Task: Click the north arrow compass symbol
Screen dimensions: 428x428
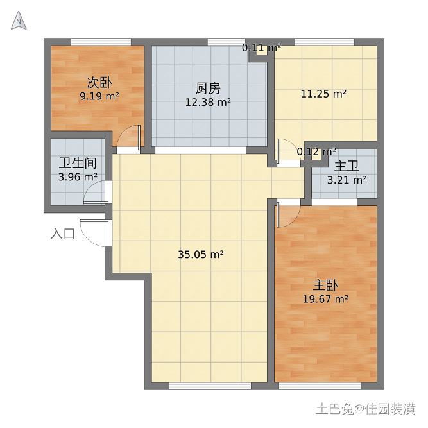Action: (19, 21)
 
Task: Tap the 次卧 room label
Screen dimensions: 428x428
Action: (99, 82)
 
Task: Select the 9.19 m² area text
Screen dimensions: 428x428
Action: (99, 96)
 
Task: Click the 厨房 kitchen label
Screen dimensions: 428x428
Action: (208, 89)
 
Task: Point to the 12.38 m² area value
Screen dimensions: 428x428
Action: (208, 103)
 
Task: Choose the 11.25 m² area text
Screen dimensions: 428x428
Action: (324, 94)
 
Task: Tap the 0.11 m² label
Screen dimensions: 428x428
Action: (262, 48)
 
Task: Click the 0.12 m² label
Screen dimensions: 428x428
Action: (316, 152)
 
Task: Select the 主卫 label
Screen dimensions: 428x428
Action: (347, 166)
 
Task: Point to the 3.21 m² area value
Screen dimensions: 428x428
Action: (347, 180)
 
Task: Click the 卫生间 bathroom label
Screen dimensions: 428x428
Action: (78, 163)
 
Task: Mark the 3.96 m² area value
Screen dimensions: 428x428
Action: (78, 177)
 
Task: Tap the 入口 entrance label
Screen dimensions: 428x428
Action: (63, 234)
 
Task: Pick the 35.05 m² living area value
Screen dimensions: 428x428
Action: (201, 254)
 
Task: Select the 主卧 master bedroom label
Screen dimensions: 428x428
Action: (325, 286)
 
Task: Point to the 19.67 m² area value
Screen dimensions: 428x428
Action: (325, 300)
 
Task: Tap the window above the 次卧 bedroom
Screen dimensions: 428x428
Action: (101, 42)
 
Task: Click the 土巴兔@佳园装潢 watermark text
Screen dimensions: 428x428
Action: (366, 409)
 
